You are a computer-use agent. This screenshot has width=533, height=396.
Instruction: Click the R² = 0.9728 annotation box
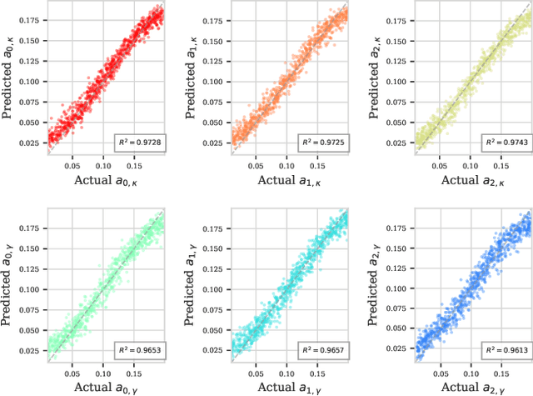[x=142, y=143]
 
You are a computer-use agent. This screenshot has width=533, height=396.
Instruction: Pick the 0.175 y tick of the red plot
[x=32, y=17]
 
